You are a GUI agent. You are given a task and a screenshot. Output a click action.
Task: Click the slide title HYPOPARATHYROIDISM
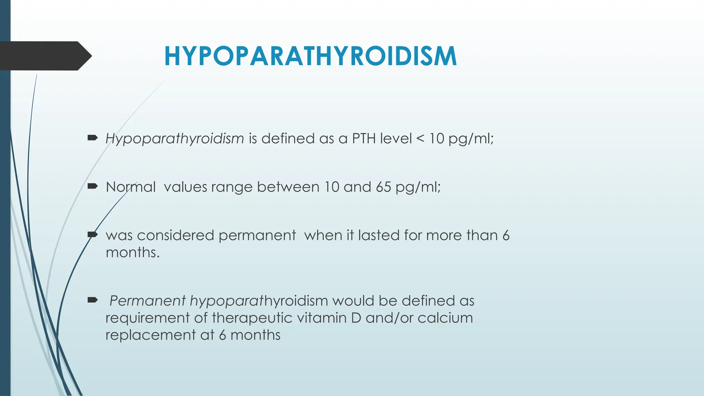coord(310,56)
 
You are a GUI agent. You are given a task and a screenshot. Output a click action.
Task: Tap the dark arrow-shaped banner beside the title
coord(43,56)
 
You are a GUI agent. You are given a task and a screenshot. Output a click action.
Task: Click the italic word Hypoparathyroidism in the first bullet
coord(175,139)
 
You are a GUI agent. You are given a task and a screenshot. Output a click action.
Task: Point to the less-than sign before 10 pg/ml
coord(420,139)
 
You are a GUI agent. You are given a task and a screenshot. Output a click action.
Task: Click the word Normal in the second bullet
coord(131,187)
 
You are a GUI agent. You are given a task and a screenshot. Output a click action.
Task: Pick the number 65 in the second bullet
coord(383,187)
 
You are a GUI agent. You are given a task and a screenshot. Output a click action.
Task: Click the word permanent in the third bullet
coord(257,236)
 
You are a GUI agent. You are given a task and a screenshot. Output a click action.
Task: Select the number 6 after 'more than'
coord(506,235)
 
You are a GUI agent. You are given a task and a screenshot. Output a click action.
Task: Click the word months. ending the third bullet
coord(133,253)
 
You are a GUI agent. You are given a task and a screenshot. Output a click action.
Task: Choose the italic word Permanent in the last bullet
coord(147,301)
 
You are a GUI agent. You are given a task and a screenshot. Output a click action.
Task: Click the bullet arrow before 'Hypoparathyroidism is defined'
coord(93,138)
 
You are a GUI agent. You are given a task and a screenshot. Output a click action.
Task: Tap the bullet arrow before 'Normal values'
coord(93,187)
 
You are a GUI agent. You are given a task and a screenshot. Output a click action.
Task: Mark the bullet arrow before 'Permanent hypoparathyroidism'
coord(93,300)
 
